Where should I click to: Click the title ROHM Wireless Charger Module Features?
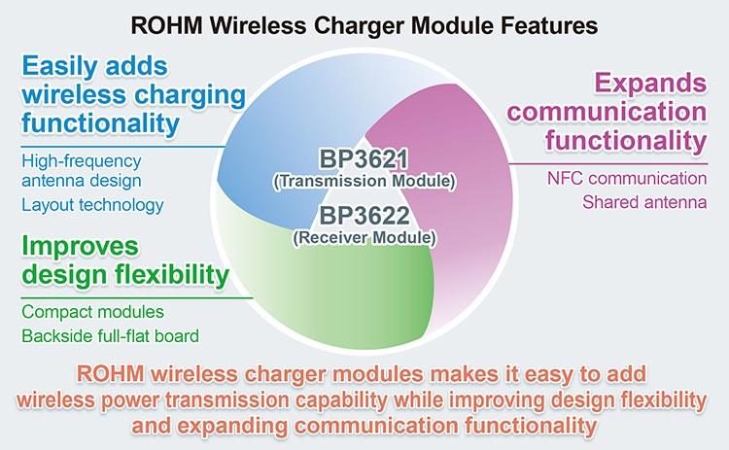click(364, 23)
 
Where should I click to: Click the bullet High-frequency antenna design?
click(80, 170)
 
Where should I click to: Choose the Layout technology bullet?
click(91, 205)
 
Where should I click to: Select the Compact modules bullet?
click(92, 312)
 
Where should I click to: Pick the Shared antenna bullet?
click(644, 202)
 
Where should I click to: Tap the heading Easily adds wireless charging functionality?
click(117, 95)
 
